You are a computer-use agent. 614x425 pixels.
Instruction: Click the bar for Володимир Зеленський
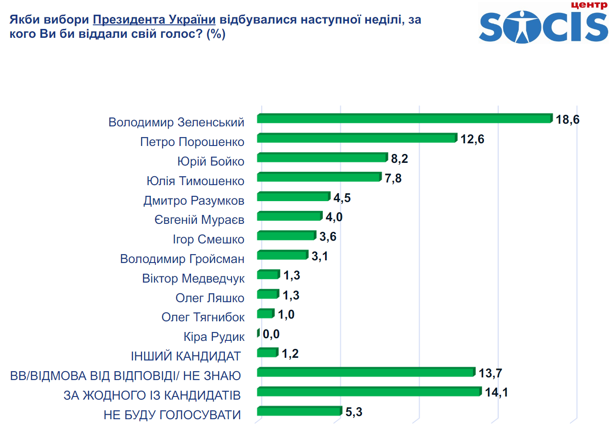(404, 118)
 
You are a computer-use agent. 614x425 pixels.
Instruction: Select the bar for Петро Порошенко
(357, 138)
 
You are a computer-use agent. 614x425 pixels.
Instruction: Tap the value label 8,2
(399, 159)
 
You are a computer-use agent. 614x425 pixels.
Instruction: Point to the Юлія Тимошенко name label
(195, 181)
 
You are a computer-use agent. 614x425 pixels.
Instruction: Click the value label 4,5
(342, 198)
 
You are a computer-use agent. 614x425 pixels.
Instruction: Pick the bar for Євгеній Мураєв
(289, 216)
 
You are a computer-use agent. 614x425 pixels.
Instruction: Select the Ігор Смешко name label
(208, 239)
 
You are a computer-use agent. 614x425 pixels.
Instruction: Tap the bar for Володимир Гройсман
(282, 255)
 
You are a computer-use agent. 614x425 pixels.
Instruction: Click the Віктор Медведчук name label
(193, 279)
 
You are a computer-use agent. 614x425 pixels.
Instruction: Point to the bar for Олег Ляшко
(268, 294)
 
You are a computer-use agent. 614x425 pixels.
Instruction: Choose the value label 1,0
(286, 315)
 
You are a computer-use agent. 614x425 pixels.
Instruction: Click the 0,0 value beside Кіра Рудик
(271, 334)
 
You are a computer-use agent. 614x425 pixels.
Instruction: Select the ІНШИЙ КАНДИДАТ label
(185, 356)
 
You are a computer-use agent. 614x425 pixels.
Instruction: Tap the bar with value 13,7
(366, 372)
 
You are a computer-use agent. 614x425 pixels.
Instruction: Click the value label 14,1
(496, 393)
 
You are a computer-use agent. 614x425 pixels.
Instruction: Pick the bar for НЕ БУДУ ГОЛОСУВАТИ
(299, 411)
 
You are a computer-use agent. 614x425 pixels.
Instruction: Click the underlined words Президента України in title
(154, 20)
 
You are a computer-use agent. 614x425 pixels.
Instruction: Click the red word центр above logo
(589, 5)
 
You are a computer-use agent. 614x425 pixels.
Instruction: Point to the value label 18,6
(567, 120)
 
